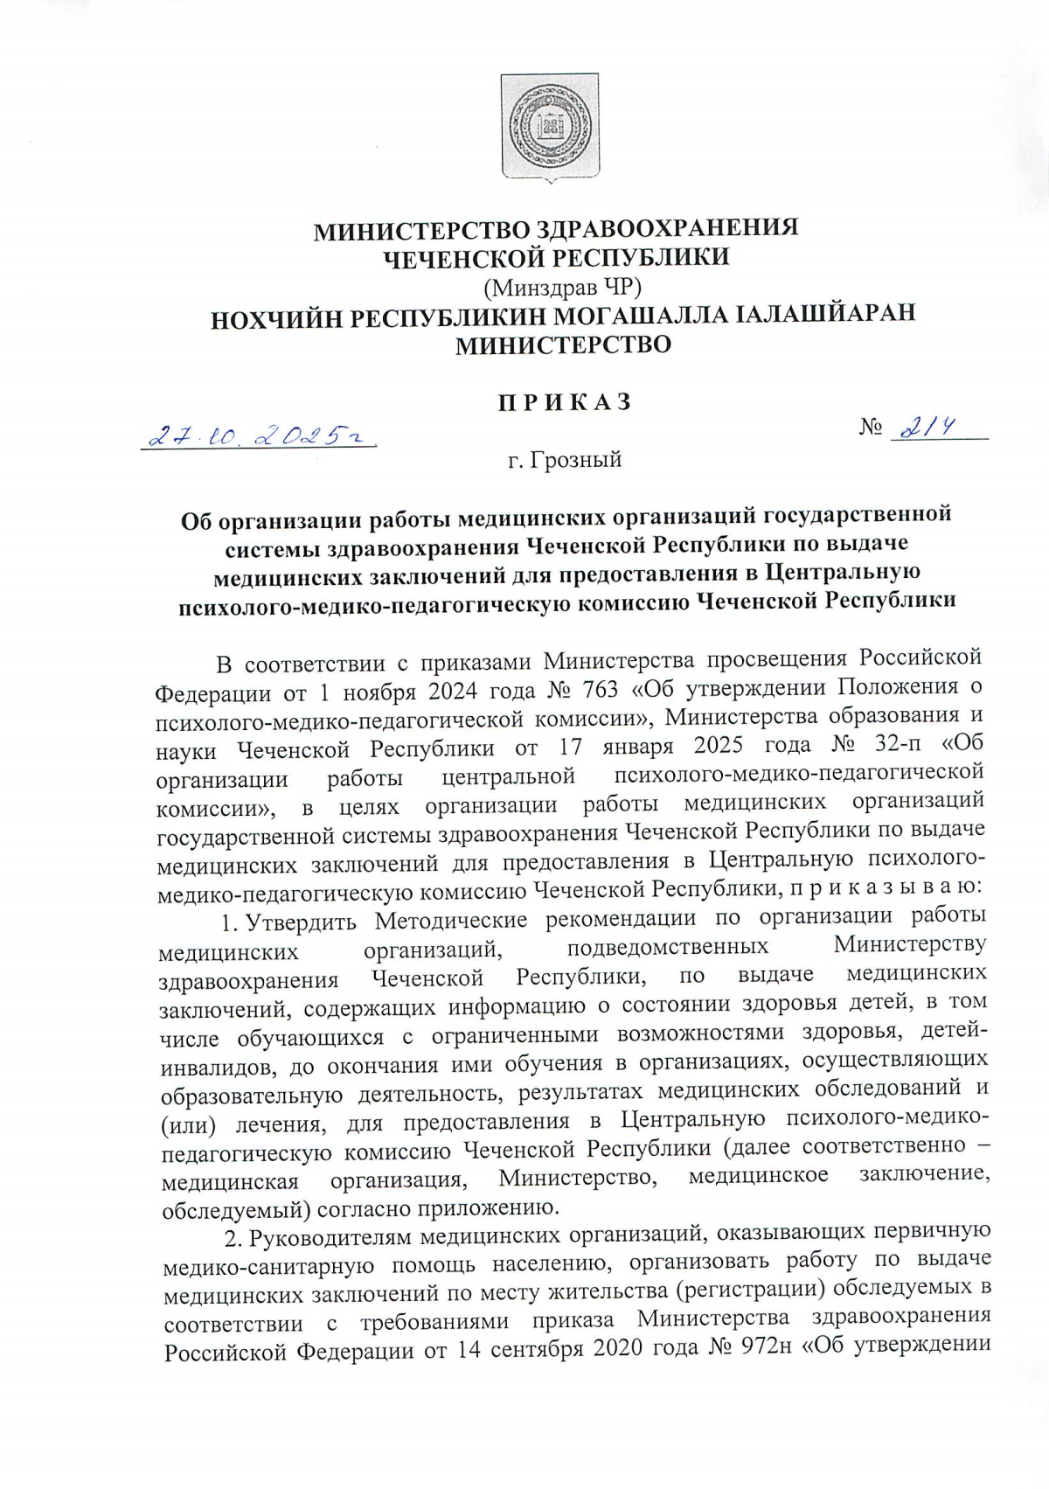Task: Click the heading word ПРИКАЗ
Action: pyautogui.click(x=563, y=402)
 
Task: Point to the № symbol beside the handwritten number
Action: pyautogui.click(x=871, y=428)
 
